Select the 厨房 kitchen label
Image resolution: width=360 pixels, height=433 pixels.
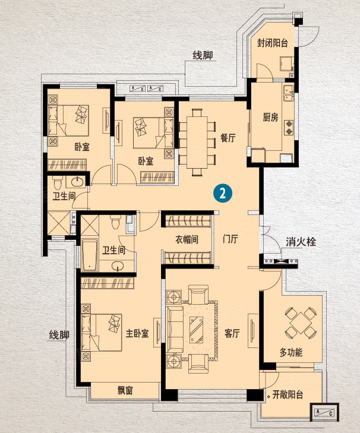click(x=270, y=117)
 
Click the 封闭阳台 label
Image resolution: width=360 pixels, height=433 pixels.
click(x=272, y=44)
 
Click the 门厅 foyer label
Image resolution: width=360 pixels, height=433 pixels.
click(x=230, y=239)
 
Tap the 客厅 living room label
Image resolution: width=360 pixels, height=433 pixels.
click(x=232, y=333)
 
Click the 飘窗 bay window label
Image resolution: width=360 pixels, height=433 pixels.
click(x=125, y=390)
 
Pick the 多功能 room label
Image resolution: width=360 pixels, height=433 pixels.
click(x=291, y=352)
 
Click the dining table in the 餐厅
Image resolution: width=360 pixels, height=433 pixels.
click(x=197, y=142)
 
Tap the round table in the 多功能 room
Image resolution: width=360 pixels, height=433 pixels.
click(x=299, y=324)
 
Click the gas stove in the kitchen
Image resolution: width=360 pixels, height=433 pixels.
click(x=289, y=126)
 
